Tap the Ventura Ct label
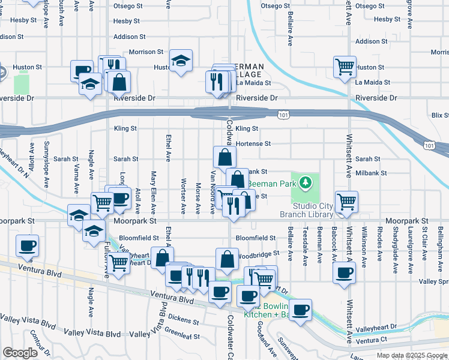(370, 341)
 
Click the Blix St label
(440, 115)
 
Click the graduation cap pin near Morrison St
(180, 60)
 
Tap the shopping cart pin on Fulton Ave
(119, 260)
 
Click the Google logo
(20, 353)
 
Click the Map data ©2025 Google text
(411, 355)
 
